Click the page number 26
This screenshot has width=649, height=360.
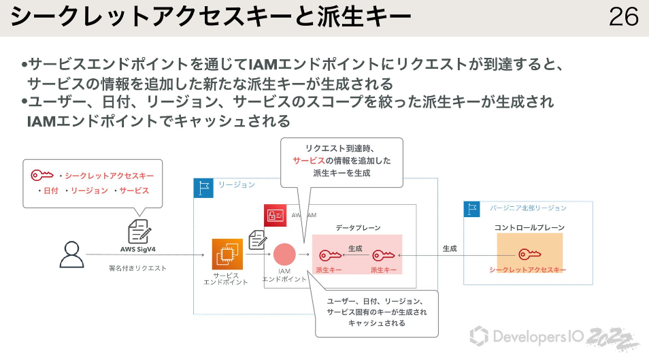pyautogui.click(x=623, y=17)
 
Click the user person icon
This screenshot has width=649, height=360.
pyautogui.click(x=71, y=255)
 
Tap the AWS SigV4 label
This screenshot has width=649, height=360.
pyautogui.click(x=138, y=249)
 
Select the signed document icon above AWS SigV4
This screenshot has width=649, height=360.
pyautogui.click(x=139, y=231)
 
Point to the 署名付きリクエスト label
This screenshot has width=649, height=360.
pyautogui.click(x=138, y=268)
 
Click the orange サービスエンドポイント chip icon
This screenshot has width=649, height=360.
pyautogui.click(x=227, y=255)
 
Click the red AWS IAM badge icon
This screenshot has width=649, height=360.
pyautogui.click(x=275, y=215)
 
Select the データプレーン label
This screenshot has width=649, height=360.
pyautogui.click(x=358, y=228)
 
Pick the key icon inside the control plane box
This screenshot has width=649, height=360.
pyautogui.click(x=529, y=255)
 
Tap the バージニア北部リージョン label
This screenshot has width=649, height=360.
pyautogui.click(x=528, y=208)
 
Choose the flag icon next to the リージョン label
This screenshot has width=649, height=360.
pyautogui.click(x=203, y=187)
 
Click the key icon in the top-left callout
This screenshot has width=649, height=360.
pyautogui.click(x=41, y=176)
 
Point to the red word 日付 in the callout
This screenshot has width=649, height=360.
pyautogui.click(x=50, y=191)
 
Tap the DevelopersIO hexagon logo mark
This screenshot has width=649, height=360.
pyautogui.click(x=479, y=336)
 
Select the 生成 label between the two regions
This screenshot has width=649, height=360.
pyautogui.click(x=449, y=249)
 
